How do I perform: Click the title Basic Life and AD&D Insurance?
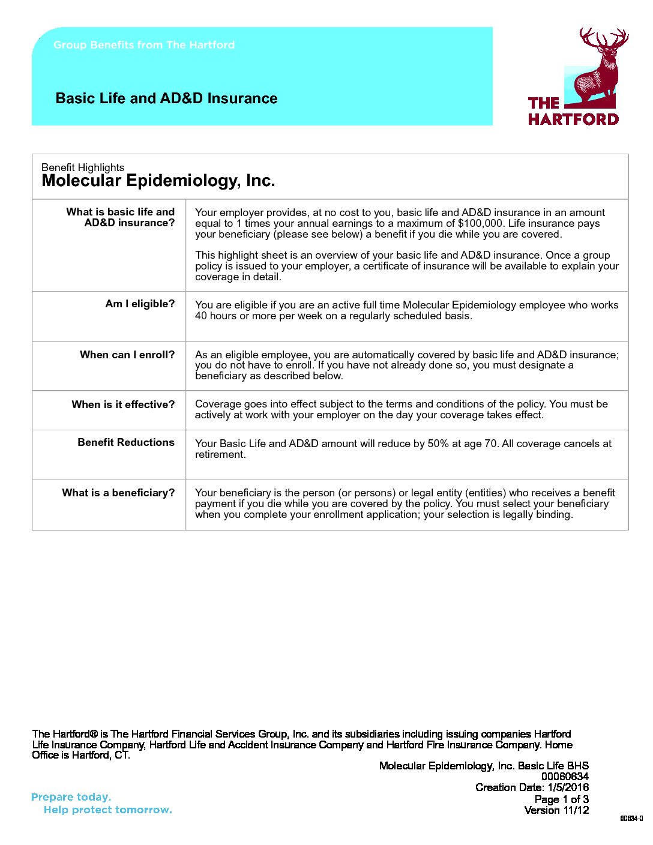[x=166, y=98]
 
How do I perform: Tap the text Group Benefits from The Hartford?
[x=144, y=45]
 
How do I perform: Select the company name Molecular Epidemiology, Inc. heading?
[x=158, y=181]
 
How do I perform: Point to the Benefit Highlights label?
[x=83, y=167]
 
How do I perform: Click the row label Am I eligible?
[x=140, y=304]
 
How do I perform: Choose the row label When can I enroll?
[x=127, y=355]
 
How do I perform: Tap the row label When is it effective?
[x=123, y=404]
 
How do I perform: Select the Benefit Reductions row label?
[x=126, y=442]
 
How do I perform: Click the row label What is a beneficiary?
[x=118, y=493]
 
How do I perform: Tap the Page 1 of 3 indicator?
[x=561, y=799]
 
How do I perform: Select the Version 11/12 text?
[x=556, y=810]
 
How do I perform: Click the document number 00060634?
[x=565, y=777]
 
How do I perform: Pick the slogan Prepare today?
[x=71, y=797]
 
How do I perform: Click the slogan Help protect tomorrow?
[x=107, y=810]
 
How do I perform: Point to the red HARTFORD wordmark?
[x=573, y=119]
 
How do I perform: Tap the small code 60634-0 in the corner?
[x=631, y=819]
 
